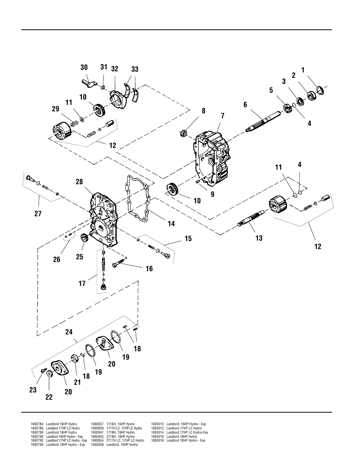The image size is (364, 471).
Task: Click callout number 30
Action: (x=84, y=68)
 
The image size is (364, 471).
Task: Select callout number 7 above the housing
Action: (x=222, y=116)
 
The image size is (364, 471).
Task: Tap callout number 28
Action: (x=79, y=182)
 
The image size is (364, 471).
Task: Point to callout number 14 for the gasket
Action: (x=171, y=224)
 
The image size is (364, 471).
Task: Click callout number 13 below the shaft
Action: (x=259, y=238)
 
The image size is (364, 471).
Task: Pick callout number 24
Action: (x=69, y=332)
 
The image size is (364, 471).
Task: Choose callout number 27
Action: (x=38, y=214)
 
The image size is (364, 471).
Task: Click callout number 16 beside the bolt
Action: (x=149, y=269)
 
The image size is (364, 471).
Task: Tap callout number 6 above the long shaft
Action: (x=245, y=104)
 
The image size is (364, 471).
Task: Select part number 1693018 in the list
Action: (x=157, y=440)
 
